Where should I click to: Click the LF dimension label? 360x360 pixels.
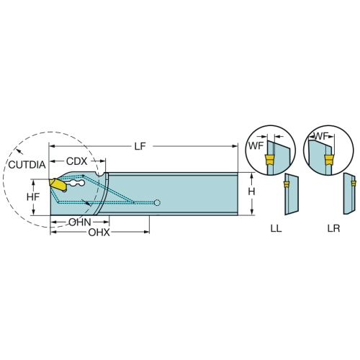(x=140, y=146)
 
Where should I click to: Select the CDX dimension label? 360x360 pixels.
(x=76, y=161)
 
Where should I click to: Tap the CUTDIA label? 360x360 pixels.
(x=27, y=165)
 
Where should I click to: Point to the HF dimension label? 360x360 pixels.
(x=33, y=197)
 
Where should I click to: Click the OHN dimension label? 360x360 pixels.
(x=80, y=222)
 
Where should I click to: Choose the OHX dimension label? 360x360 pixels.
(x=99, y=233)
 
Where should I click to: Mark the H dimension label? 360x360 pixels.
(x=251, y=192)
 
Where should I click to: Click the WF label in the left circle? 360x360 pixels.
(x=256, y=145)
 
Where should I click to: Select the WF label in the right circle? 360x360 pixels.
(x=321, y=136)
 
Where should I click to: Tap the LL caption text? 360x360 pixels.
(x=276, y=228)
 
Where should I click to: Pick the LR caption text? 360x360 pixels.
(x=333, y=228)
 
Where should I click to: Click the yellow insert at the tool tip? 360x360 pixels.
(x=58, y=185)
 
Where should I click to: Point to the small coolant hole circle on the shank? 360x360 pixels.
(x=157, y=203)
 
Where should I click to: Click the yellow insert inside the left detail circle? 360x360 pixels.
(x=269, y=160)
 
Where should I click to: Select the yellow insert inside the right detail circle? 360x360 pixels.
(x=328, y=160)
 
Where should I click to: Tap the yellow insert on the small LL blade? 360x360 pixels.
(x=286, y=184)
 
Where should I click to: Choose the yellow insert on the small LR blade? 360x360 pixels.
(x=354, y=184)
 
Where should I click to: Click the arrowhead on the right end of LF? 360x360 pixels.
(x=235, y=146)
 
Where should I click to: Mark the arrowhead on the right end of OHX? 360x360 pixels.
(x=146, y=232)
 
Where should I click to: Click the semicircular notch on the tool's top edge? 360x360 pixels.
(x=100, y=174)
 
